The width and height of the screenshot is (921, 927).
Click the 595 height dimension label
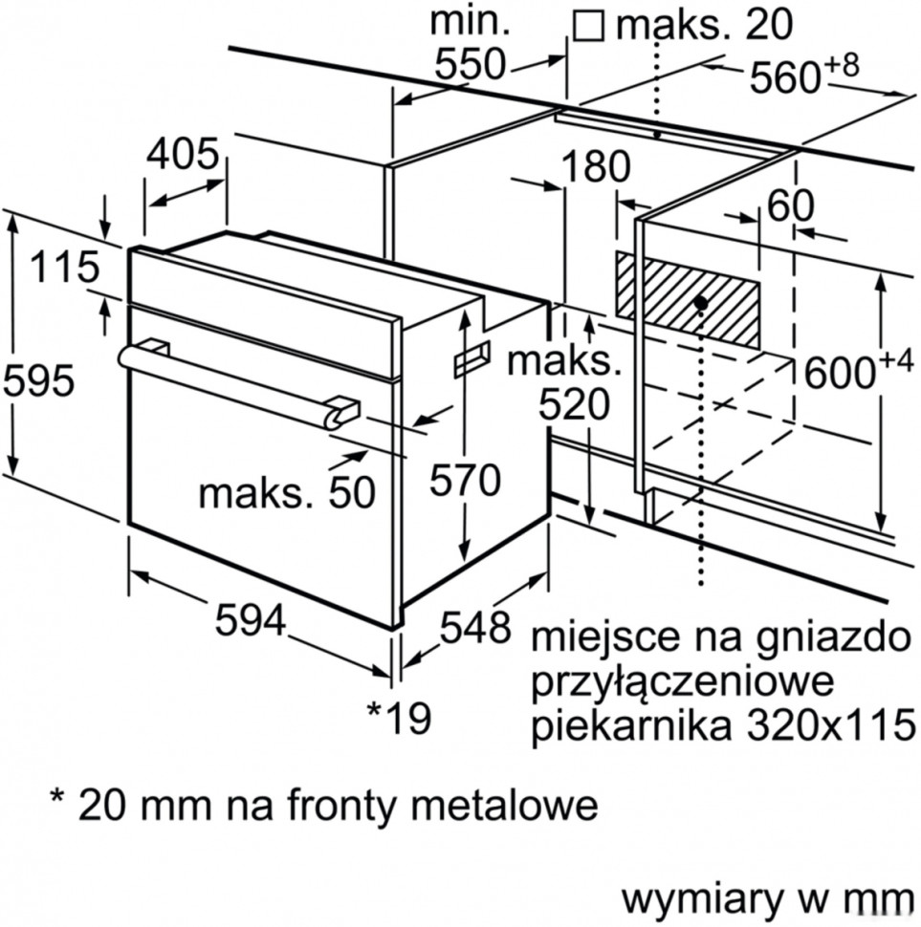pos(39,380)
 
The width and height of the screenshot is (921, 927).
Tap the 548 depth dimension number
pos(475,627)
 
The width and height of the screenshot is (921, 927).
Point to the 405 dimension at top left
pos(183,154)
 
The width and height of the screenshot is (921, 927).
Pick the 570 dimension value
pos(464,480)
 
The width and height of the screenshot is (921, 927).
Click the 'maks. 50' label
pos(286,492)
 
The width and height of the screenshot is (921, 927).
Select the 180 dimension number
pos(595,167)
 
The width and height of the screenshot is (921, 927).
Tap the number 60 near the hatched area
pos(790,205)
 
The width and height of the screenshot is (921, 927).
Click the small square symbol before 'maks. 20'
pos(588,25)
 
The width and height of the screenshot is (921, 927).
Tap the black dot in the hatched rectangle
pos(701,302)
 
